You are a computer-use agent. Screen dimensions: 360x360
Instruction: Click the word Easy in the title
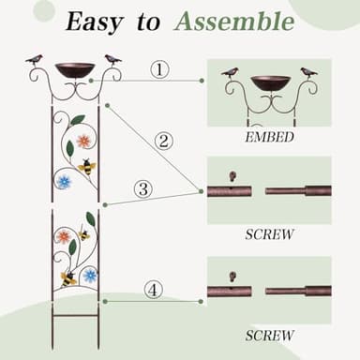(x=98, y=22)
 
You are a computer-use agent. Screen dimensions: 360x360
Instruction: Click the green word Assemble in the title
(x=234, y=22)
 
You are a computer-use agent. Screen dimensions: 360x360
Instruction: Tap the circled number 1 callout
(x=160, y=69)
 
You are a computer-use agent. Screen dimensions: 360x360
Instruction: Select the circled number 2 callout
(x=164, y=142)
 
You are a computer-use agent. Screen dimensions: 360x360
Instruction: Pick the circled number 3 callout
(x=142, y=188)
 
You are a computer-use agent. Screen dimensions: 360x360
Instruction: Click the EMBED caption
(x=268, y=136)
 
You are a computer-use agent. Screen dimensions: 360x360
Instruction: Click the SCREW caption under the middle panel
(x=269, y=233)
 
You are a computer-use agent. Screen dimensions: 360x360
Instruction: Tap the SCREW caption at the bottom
(x=269, y=335)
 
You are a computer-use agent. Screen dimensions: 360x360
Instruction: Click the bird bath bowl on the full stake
(x=74, y=70)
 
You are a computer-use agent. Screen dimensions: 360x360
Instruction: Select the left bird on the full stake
(x=35, y=60)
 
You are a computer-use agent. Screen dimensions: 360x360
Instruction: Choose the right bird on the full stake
(x=112, y=60)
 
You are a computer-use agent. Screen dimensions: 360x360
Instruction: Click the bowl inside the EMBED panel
(x=269, y=82)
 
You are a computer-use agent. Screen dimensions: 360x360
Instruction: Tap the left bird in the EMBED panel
(x=230, y=71)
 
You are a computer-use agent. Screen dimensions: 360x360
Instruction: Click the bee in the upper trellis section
(x=87, y=167)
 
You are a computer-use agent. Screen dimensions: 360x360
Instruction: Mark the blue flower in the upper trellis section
(x=64, y=181)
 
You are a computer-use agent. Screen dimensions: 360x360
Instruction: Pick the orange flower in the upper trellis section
(x=84, y=142)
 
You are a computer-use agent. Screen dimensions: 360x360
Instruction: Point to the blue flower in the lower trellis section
(x=89, y=275)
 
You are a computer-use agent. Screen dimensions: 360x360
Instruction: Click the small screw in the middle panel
(x=232, y=175)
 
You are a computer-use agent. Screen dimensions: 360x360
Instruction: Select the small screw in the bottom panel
(x=232, y=276)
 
